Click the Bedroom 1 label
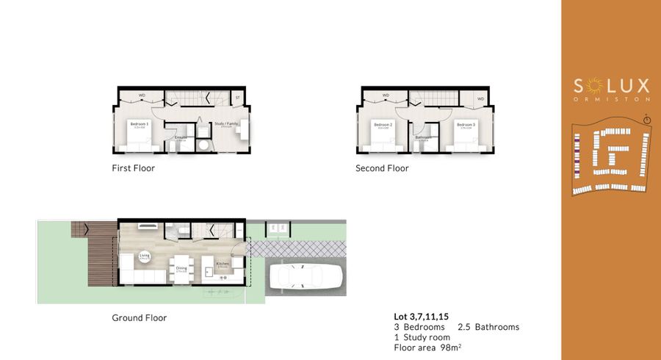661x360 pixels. [x=140, y=124]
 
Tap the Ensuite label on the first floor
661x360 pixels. [x=181, y=137]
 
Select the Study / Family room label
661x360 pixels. [x=225, y=124]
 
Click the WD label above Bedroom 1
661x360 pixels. [x=142, y=96]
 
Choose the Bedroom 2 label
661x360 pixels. [x=383, y=124]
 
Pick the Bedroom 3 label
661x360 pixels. [x=464, y=124]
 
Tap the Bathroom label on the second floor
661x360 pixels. [x=423, y=137]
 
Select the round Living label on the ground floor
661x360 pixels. [x=145, y=257]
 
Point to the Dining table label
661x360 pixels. [x=181, y=269]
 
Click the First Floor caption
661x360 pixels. [x=133, y=168]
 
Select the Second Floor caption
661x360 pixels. [x=382, y=168]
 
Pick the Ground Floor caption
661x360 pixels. [x=139, y=318]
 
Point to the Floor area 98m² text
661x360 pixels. [x=427, y=347]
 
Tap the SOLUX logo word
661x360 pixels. [x=611, y=86]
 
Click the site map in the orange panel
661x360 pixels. [x=611, y=160]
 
